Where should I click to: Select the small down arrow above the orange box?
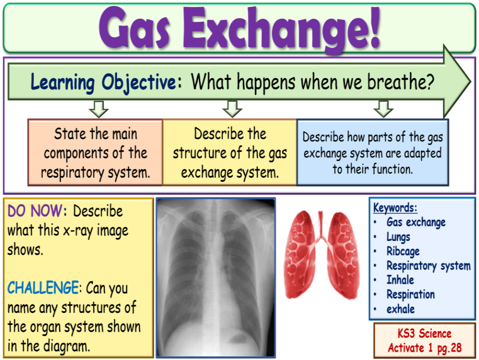(99, 108)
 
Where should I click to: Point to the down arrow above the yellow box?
(232, 108)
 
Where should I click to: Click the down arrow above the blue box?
(383, 108)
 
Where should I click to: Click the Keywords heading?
(395, 208)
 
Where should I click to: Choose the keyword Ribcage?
(403, 251)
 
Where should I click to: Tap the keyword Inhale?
(400, 280)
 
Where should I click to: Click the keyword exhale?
(401, 309)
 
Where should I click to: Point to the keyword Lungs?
(399, 236)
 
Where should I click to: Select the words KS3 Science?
(424, 334)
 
